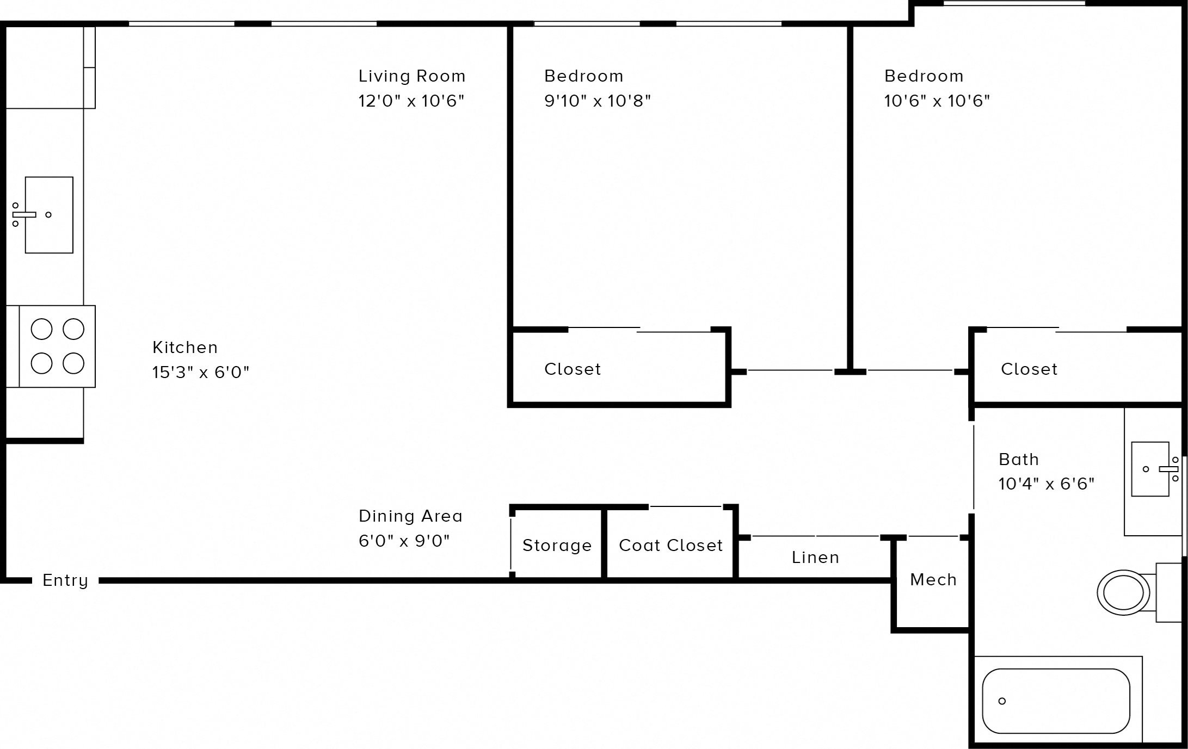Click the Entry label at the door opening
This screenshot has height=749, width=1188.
point(65,580)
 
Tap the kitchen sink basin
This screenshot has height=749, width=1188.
point(49,215)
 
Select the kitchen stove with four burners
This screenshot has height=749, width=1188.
point(57,346)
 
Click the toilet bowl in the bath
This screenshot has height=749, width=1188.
point(1123,593)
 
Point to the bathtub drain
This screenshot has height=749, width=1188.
point(1002,701)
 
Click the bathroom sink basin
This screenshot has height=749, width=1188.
point(1149,469)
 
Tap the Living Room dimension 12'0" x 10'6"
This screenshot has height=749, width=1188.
point(411,101)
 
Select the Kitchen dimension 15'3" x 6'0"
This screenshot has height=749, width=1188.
point(201,373)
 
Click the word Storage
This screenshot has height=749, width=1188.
point(557,546)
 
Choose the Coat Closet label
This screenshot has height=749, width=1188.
point(670,546)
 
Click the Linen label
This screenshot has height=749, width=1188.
point(815,558)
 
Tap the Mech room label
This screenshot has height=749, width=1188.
point(933,580)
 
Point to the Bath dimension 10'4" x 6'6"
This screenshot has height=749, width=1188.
point(1046,484)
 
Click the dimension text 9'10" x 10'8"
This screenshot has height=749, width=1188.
point(598,101)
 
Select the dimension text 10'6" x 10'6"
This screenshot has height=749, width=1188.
point(937,101)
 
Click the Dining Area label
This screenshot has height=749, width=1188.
point(410,516)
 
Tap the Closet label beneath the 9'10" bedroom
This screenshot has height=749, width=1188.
point(573,369)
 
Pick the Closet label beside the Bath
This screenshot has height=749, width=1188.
point(1029,369)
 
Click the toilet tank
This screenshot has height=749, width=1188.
point(1168,592)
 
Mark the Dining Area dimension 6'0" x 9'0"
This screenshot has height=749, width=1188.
point(404,541)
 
